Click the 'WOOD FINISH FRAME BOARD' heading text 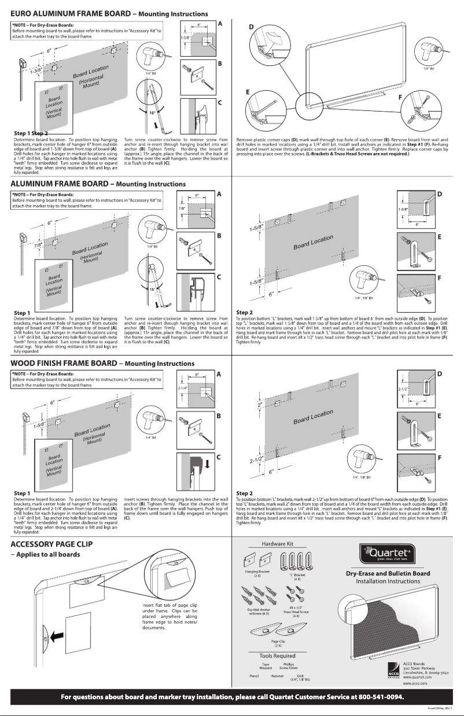(64, 363)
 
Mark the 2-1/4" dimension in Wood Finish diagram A (182, 389)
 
